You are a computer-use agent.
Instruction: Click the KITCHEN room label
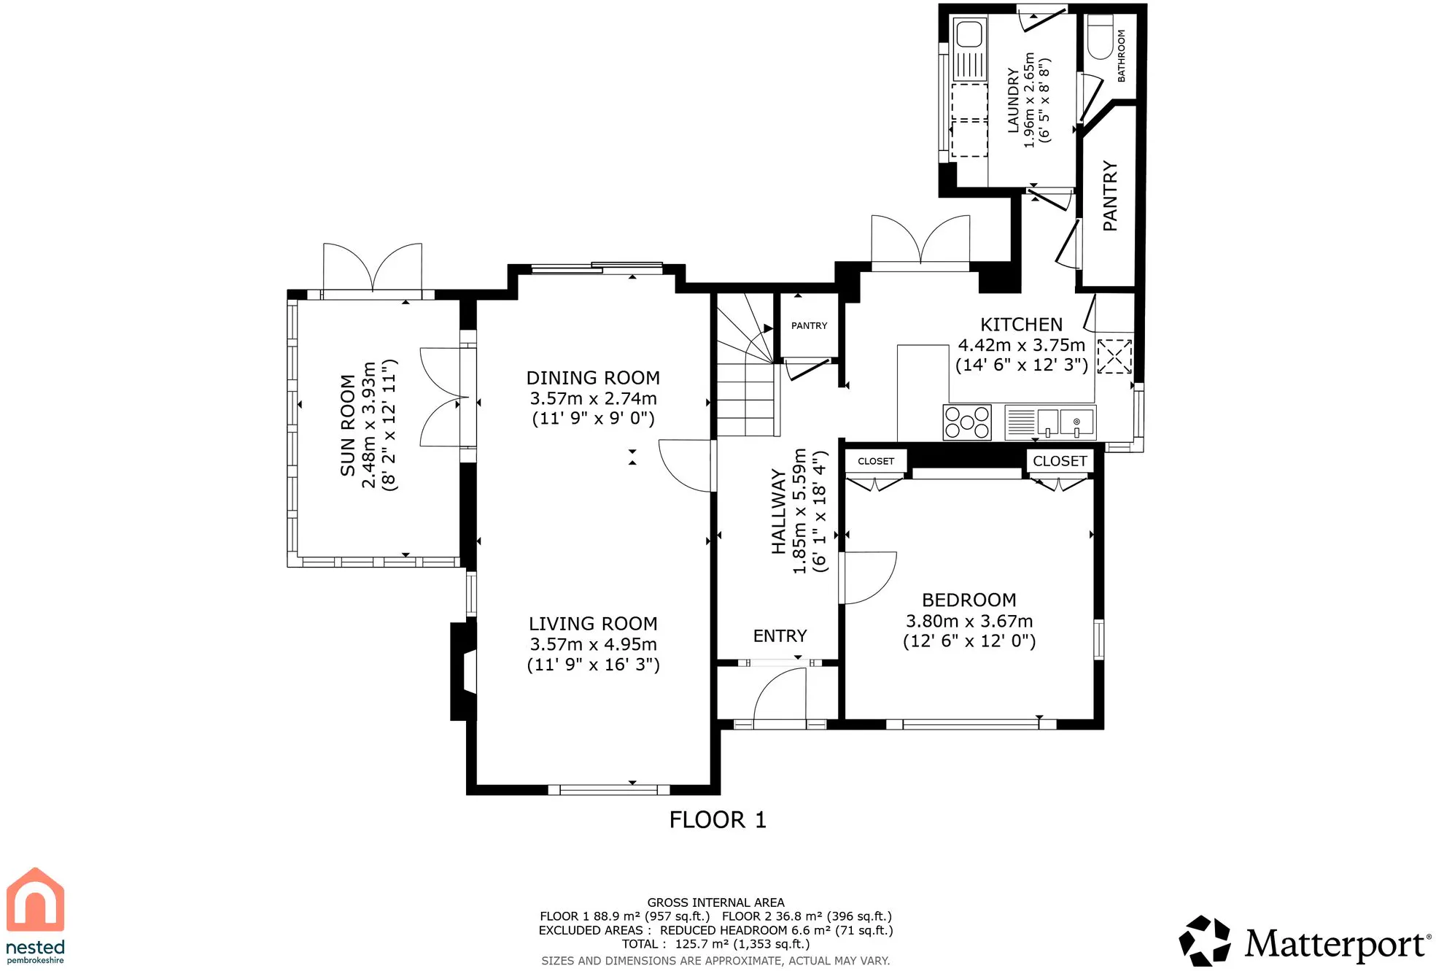coord(1021,325)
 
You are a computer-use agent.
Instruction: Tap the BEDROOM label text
coord(969,600)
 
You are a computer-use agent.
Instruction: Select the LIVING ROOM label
coord(593,624)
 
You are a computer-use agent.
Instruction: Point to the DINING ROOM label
coord(593,378)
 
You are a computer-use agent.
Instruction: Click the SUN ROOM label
coord(348,425)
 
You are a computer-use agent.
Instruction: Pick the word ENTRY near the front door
coord(780,636)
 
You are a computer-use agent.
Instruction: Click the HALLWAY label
coord(779,511)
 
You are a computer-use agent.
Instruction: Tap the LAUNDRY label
coord(1013,101)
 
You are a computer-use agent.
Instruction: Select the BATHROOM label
coord(1122,55)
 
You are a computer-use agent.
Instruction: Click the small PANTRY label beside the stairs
coord(809,326)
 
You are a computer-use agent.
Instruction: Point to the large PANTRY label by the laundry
coord(1110,196)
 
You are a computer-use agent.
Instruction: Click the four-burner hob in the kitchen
coord(967,422)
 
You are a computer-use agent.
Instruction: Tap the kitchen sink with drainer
coord(1049,422)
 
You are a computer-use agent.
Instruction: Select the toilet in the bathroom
coord(1100,36)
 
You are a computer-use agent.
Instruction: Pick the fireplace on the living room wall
coord(464,671)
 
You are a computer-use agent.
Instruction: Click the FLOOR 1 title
coord(718,820)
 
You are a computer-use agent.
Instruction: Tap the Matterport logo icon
coord(1204,941)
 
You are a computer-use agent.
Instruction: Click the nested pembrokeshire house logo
coord(36,916)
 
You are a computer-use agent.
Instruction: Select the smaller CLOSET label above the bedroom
coord(875,461)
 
